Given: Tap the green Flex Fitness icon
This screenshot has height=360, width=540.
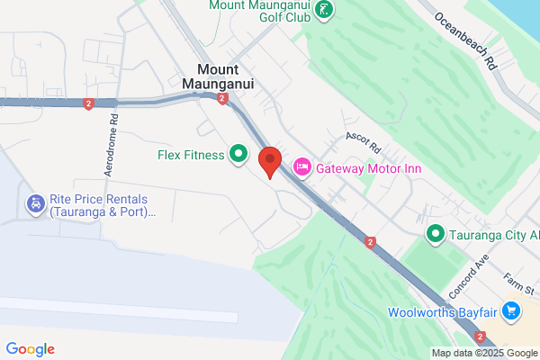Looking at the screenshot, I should (238, 155).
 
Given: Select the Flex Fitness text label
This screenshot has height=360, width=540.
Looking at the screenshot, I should (190, 155).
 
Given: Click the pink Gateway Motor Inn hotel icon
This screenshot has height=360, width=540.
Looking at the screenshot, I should (302, 167).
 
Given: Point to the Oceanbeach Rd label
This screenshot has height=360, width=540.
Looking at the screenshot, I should (464, 41).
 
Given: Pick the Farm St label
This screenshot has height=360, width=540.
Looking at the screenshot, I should (519, 282).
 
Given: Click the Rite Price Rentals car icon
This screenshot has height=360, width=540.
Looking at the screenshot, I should (35, 204).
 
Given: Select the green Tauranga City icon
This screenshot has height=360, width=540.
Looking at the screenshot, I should (436, 235).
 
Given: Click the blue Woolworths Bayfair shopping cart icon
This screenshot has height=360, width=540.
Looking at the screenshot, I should (512, 312).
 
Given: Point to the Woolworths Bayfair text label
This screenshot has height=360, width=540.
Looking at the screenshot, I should (443, 313).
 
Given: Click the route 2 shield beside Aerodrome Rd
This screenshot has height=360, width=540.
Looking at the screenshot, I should (88, 104).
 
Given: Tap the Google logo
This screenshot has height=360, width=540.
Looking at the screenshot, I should (30, 349).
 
